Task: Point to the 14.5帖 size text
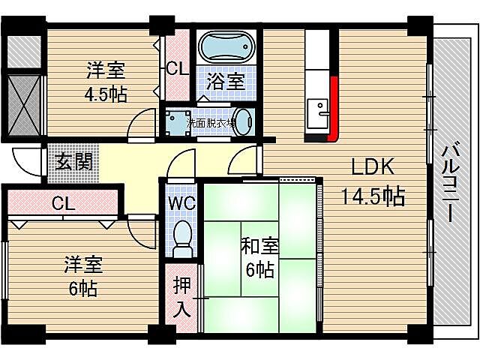(x=373, y=196)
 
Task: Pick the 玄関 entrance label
(x=73, y=162)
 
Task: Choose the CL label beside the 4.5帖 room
(x=176, y=70)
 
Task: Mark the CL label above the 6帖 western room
(x=63, y=203)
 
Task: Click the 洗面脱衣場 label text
(x=211, y=121)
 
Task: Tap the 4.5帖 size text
(x=105, y=94)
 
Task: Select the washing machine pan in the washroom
(x=177, y=122)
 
